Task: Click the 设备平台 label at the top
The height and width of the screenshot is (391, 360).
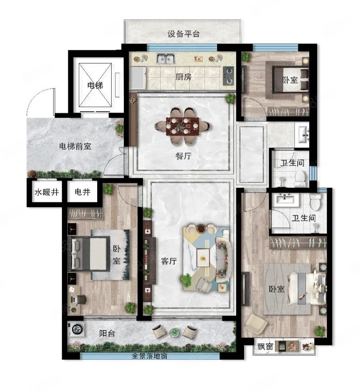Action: pyautogui.click(x=184, y=33)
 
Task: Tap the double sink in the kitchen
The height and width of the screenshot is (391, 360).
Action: pyautogui.click(x=165, y=58)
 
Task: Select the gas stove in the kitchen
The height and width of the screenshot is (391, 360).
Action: pyautogui.click(x=228, y=76)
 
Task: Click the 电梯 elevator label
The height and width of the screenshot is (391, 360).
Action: pyautogui.click(x=95, y=86)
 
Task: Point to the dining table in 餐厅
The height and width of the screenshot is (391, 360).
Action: pyautogui.click(x=183, y=126)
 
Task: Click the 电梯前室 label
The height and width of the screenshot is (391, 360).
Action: pyautogui.click(x=75, y=146)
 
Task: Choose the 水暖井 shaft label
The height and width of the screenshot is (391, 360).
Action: pyautogui.click(x=46, y=192)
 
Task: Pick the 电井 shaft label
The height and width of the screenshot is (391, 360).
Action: pyautogui.click(x=83, y=192)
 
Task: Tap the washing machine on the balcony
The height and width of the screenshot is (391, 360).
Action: pyautogui.click(x=76, y=329)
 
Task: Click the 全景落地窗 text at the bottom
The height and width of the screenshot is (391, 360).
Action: pyautogui.click(x=149, y=355)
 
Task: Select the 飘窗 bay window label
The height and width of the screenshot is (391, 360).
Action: pyautogui.click(x=265, y=346)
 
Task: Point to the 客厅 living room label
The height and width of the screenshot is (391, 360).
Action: pyautogui.click(x=169, y=261)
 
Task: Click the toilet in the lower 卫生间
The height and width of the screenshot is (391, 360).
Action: pyautogui.click(x=315, y=202)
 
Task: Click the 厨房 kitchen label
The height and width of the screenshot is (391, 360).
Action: pyautogui.click(x=184, y=77)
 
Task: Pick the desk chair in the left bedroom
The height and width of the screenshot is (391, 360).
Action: pyautogui.click(x=82, y=299)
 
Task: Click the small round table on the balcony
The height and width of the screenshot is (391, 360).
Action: pyautogui.click(x=175, y=332)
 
